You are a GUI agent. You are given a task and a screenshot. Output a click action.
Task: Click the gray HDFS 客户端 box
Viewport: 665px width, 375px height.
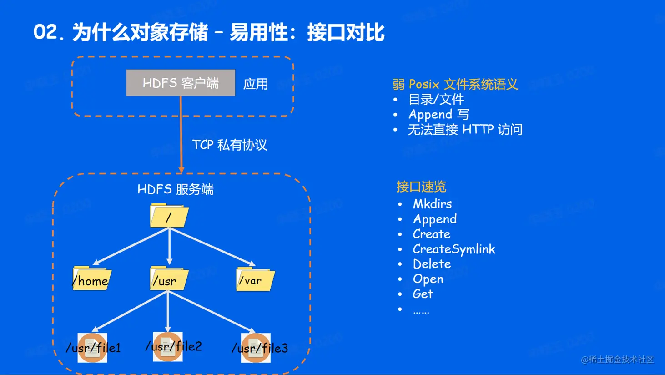pyautogui.click(x=181, y=83)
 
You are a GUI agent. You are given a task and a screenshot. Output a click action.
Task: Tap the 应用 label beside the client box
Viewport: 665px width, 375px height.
pyautogui.click(x=256, y=84)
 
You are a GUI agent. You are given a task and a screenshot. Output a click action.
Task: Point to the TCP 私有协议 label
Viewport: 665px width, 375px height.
pyautogui.click(x=230, y=145)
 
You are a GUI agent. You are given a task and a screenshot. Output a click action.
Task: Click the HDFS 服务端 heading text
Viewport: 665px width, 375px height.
pyautogui.click(x=176, y=189)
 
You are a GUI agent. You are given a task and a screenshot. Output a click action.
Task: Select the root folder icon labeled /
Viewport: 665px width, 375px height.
pyautogui.click(x=169, y=215)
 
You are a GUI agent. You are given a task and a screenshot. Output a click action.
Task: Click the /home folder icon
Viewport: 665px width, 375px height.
pyautogui.click(x=92, y=279)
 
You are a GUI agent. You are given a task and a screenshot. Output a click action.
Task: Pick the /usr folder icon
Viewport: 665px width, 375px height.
pyautogui.click(x=169, y=279)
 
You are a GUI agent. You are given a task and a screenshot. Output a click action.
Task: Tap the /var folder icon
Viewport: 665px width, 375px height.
pyautogui.click(x=255, y=279)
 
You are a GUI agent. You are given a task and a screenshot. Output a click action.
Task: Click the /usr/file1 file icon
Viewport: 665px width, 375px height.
pyautogui.click(x=92, y=348)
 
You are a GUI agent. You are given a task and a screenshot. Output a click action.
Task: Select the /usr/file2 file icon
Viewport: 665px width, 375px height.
pyautogui.click(x=168, y=347)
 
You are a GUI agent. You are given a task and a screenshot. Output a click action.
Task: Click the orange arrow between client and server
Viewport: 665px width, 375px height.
pyautogui.click(x=181, y=134)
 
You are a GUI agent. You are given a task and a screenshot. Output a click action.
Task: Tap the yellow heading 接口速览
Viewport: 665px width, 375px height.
pyautogui.click(x=421, y=187)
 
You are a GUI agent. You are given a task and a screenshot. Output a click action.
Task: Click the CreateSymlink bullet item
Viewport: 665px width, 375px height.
pyautogui.click(x=454, y=249)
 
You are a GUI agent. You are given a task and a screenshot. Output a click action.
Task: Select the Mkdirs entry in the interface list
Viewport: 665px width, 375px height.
pyautogui.click(x=433, y=204)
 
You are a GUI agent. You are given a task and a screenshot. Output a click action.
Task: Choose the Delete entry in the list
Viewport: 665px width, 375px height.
pyautogui.click(x=432, y=264)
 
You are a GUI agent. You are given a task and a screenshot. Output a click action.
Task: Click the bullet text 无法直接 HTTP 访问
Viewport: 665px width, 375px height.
pyautogui.click(x=465, y=130)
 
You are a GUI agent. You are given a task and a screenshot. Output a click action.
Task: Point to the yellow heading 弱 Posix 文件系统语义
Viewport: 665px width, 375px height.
pyautogui.click(x=455, y=84)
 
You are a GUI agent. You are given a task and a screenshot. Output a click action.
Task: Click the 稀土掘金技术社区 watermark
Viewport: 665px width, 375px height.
pyautogui.click(x=618, y=360)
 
